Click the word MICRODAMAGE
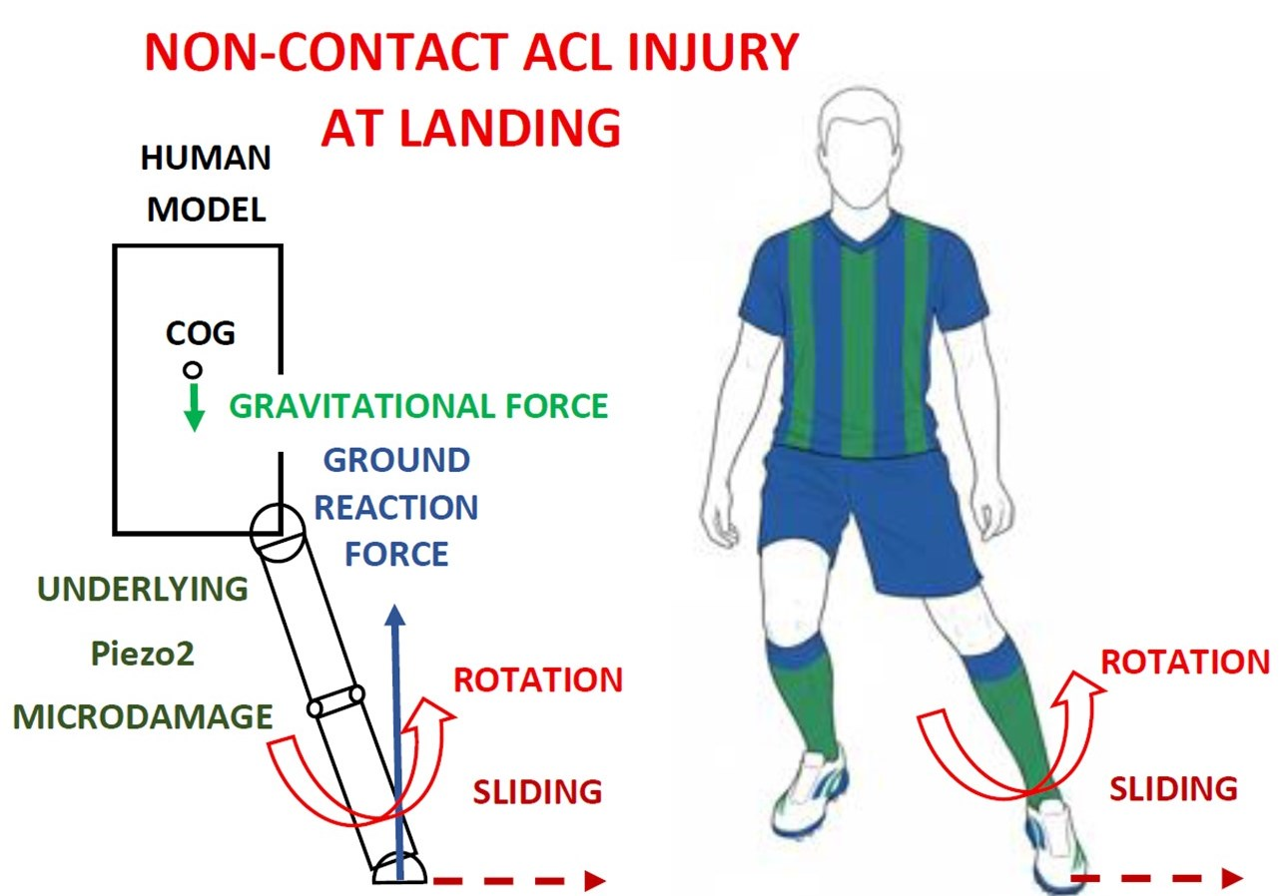click(x=143, y=716)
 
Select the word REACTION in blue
click(x=396, y=508)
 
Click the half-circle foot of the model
click(x=400, y=870)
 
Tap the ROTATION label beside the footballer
click(x=1185, y=662)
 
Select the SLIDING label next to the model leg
click(x=537, y=792)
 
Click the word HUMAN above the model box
click(x=207, y=158)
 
